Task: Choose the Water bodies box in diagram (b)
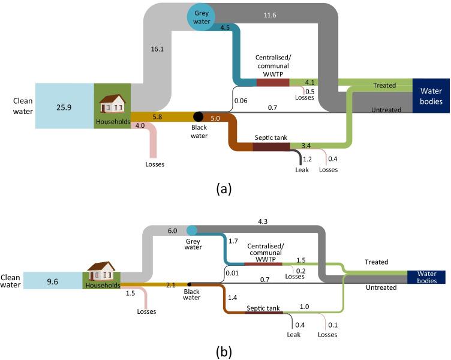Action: (426, 276)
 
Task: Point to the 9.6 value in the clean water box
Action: (58, 280)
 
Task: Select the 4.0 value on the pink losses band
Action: (140, 126)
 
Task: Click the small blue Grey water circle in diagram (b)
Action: (192, 230)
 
